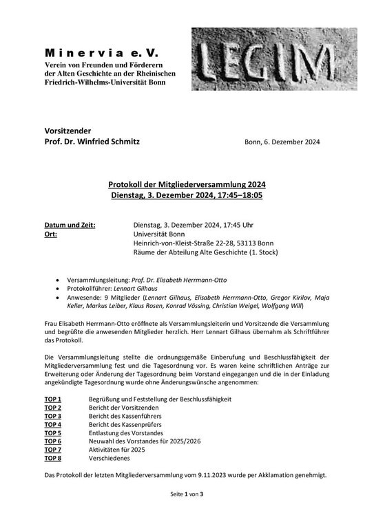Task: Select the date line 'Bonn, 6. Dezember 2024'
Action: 282,142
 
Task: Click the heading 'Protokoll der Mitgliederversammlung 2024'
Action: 187,185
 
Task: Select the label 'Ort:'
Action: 52,234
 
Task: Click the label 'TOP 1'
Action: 53,399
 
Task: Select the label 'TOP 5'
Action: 53,433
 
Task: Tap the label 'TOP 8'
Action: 53,458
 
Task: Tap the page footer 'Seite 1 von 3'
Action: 187,514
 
